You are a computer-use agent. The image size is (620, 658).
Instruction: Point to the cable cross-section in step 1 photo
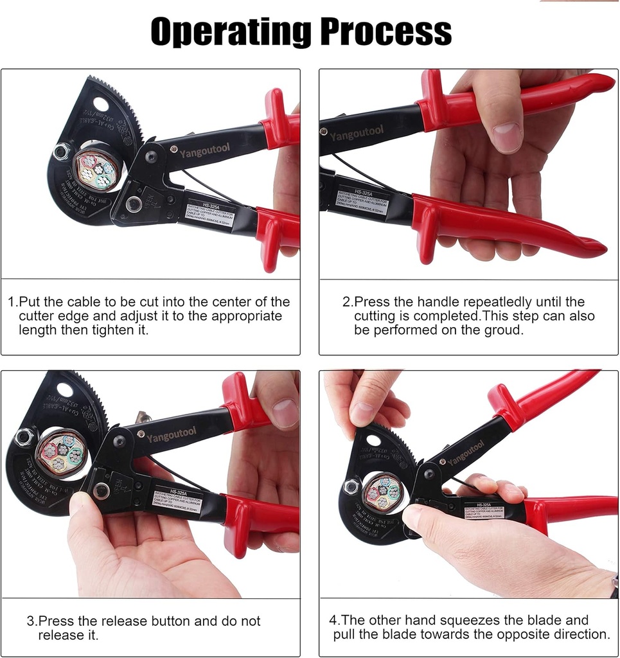click(97, 169)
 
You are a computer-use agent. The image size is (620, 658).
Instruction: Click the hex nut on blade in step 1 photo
click(62, 152)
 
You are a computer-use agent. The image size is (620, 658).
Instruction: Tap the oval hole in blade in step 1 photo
click(101, 103)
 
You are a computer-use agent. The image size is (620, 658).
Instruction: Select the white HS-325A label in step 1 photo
click(209, 213)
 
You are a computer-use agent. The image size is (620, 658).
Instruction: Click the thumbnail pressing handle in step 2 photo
click(508, 137)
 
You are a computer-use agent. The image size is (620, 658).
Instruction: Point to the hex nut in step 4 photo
click(350, 486)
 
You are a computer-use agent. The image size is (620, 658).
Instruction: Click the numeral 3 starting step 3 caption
click(30, 621)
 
